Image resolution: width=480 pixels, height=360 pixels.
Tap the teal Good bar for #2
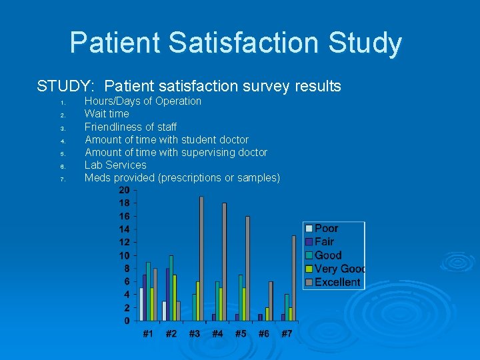point(171,288)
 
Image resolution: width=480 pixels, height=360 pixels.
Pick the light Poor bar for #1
point(141,304)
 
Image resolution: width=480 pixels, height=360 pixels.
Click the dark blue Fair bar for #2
point(167,295)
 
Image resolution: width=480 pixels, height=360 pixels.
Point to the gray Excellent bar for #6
point(271,301)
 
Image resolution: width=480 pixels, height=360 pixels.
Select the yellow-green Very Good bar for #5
point(244,304)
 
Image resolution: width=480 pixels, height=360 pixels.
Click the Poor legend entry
point(326,228)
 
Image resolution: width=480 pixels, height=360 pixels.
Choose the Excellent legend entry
point(337,282)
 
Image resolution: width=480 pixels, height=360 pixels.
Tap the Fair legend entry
point(324,241)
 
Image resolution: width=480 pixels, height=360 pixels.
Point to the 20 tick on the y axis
point(125,190)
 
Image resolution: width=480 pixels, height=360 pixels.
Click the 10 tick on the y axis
point(125,255)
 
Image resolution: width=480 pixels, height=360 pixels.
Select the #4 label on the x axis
point(217,333)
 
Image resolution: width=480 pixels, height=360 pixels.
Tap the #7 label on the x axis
point(287,333)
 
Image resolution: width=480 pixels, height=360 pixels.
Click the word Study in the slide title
point(360,43)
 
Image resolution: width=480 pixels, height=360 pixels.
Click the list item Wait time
point(107,114)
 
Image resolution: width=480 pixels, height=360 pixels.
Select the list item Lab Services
point(115,165)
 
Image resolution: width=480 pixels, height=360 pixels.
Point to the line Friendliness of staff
point(131,127)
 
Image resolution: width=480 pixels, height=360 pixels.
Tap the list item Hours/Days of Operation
point(143,101)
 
